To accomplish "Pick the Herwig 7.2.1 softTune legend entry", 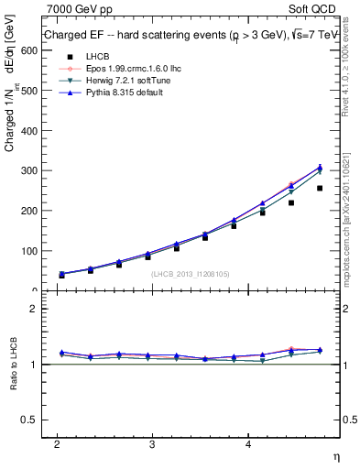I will tap(113, 81).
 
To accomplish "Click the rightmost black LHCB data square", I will tap(320, 188).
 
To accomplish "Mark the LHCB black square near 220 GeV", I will tap(291, 202).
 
